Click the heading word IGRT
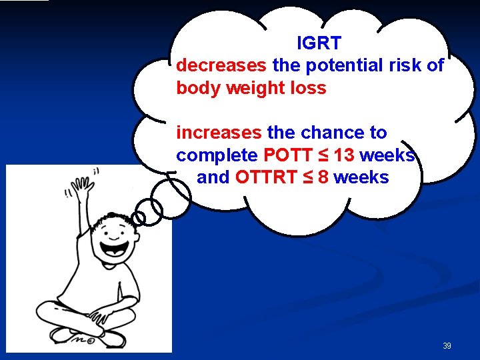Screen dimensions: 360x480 319,43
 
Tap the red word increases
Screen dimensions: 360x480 219,133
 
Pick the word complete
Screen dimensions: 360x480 217,155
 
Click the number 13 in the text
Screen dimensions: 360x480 344,155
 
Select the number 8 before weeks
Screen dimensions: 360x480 323,177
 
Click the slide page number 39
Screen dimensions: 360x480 447,346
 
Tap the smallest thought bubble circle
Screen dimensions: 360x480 139,218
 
